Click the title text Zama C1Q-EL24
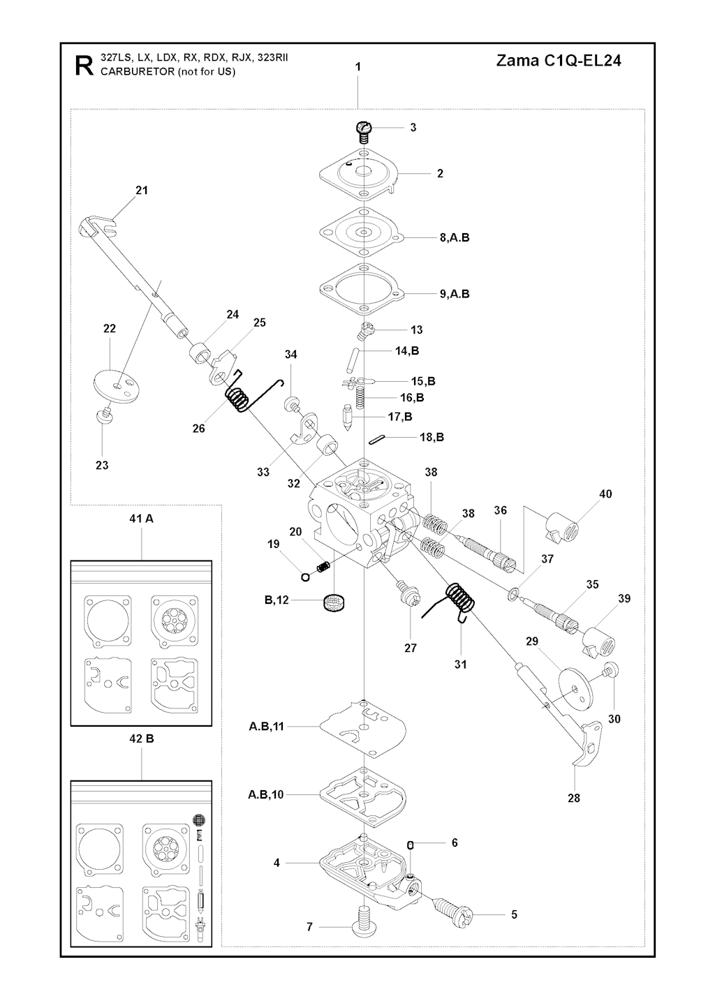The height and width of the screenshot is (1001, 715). [559, 61]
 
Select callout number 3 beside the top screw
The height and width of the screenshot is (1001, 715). [413, 128]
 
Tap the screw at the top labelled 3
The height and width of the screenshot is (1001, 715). [364, 130]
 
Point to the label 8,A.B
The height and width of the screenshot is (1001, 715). [455, 237]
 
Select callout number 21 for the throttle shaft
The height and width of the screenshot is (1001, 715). [142, 190]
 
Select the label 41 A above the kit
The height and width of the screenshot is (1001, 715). [141, 519]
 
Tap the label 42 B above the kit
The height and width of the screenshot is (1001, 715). [141, 739]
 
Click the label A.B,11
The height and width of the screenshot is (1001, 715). [267, 727]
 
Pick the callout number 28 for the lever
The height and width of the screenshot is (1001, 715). [574, 798]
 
